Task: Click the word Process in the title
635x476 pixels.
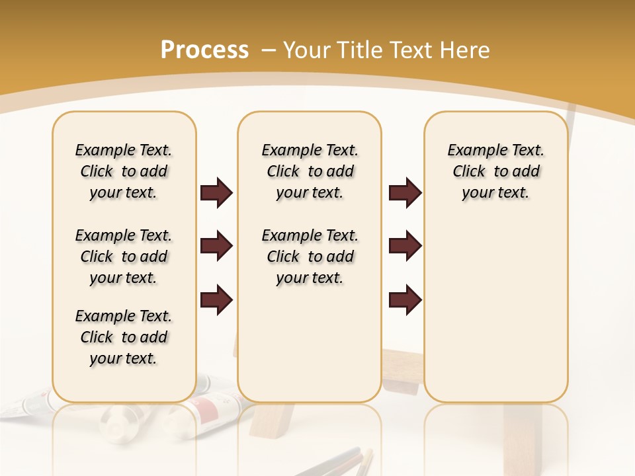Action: [204, 50]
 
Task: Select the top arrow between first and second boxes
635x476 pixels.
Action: [216, 192]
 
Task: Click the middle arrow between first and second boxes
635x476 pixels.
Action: [216, 246]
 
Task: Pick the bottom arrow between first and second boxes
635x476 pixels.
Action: [216, 299]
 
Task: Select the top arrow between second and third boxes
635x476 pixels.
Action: [405, 192]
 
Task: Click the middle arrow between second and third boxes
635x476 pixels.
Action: [405, 246]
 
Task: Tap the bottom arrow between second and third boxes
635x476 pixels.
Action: [405, 299]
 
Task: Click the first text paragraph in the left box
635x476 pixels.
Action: [124, 171]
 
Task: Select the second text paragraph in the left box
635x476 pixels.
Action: [124, 257]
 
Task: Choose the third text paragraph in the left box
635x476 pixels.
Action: [124, 337]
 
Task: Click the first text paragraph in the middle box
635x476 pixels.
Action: [310, 171]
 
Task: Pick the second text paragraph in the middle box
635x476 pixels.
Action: [310, 257]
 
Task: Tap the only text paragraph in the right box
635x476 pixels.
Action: [495, 171]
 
